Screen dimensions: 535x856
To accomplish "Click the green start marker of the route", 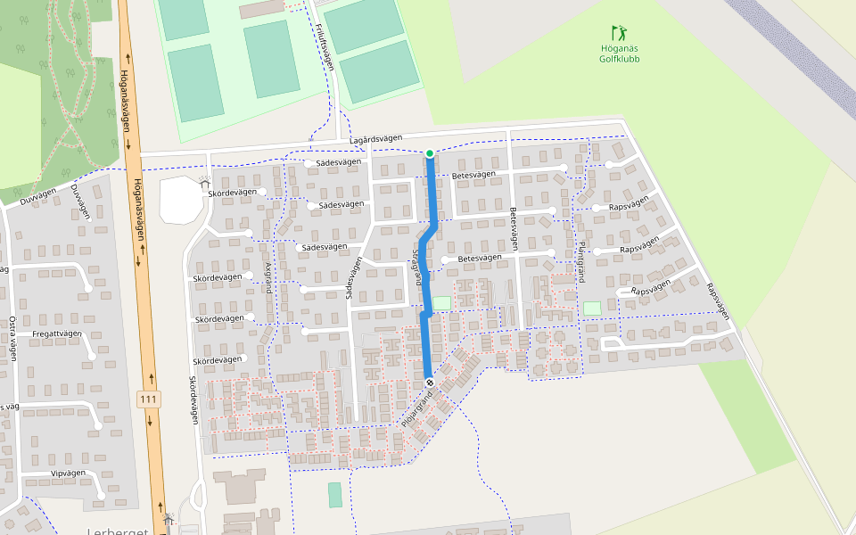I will click(430, 153).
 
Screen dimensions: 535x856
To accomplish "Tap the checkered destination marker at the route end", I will click(430, 382).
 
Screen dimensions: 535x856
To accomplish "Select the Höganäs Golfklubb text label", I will click(619, 53).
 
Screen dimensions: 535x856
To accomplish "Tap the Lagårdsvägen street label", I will click(375, 140).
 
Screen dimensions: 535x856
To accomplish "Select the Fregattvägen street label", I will click(57, 333).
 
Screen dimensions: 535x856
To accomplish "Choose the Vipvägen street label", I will click(68, 473).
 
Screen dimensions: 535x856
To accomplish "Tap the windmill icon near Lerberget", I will click(168, 518).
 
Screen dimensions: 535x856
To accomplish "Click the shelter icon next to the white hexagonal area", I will click(205, 183).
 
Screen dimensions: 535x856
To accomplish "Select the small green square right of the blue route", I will click(442, 302).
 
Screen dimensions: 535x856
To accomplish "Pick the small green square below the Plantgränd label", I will click(591, 308).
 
